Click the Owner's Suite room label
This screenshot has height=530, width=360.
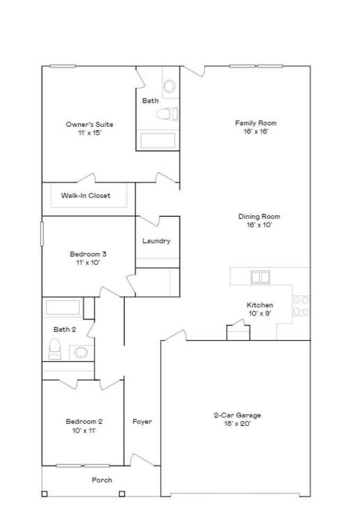(89, 124)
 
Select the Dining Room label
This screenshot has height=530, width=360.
(259, 216)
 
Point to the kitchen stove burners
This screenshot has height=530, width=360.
(301, 306)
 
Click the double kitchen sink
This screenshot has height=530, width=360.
(260, 277)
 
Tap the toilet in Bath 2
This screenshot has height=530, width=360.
(55, 349)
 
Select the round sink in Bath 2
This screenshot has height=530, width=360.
(80, 352)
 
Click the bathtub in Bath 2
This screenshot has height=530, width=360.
(62, 308)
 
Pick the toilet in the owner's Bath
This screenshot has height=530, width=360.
(167, 114)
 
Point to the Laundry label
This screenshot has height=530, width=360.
(156, 241)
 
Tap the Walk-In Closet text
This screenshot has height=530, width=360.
(85, 196)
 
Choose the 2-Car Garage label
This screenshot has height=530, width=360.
(233, 415)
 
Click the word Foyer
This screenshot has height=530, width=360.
(142, 422)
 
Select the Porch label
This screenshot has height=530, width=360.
(102, 480)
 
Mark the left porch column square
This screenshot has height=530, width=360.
(44, 494)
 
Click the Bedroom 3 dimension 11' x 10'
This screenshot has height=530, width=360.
(85, 262)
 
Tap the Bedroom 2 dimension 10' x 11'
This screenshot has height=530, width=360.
(84, 431)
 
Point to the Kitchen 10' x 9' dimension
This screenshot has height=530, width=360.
(259, 313)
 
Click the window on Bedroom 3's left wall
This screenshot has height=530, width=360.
(42, 233)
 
